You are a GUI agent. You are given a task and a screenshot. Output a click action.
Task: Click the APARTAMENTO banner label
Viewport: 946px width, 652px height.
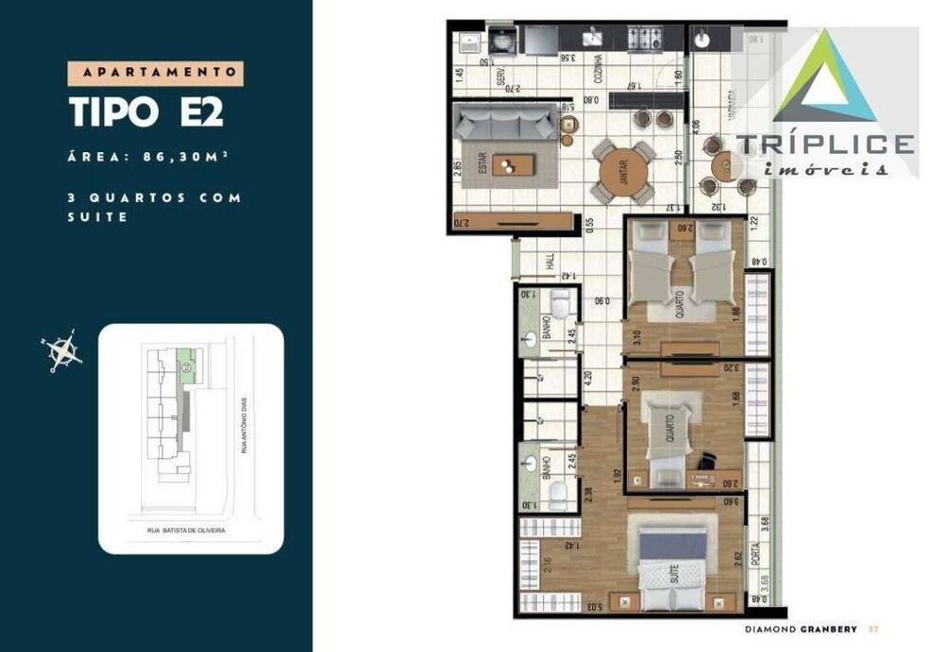pyautogui.click(x=156, y=73)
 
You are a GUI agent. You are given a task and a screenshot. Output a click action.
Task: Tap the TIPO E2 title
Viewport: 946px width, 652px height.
pyautogui.click(x=147, y=112)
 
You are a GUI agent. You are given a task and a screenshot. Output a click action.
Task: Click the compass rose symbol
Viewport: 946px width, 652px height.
pyautogui.click(x=63, y=352)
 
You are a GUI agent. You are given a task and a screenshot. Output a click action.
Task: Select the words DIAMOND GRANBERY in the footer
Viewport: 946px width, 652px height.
pyautogui.click(x=801, y=629)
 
